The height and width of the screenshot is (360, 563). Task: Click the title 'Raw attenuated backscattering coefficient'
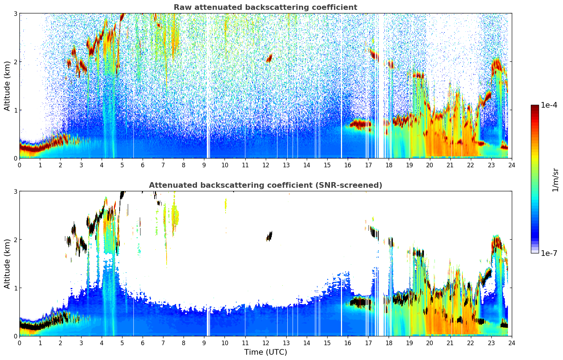point(265,7)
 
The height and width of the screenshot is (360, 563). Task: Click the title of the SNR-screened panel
point(265,185)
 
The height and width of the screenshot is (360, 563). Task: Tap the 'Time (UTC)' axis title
point(265,352)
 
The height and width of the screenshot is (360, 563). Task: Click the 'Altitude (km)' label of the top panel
point(7,86)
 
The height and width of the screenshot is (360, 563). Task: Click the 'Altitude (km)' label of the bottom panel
point(7,264)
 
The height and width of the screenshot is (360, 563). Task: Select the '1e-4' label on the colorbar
point(549,105)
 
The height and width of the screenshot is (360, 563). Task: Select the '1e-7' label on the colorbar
point(549,253)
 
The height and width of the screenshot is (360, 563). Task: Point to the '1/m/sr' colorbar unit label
point(555,180)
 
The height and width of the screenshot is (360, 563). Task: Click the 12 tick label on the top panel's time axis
point(265,165)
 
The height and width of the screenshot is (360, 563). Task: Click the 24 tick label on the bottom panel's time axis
point(511,343)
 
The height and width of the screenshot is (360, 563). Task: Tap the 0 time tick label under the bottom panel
point(19,343)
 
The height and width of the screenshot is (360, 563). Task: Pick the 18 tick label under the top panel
point(389,165)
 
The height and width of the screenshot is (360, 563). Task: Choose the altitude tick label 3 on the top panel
point(16,13)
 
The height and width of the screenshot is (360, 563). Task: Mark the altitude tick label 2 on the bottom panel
point(16,240)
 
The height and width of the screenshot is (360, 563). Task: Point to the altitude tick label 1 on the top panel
point(16,110)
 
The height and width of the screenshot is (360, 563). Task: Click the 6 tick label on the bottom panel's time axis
point(143,343)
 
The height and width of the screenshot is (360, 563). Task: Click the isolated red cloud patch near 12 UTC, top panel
point(270,58)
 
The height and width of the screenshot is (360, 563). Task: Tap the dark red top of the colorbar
point(535,107)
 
